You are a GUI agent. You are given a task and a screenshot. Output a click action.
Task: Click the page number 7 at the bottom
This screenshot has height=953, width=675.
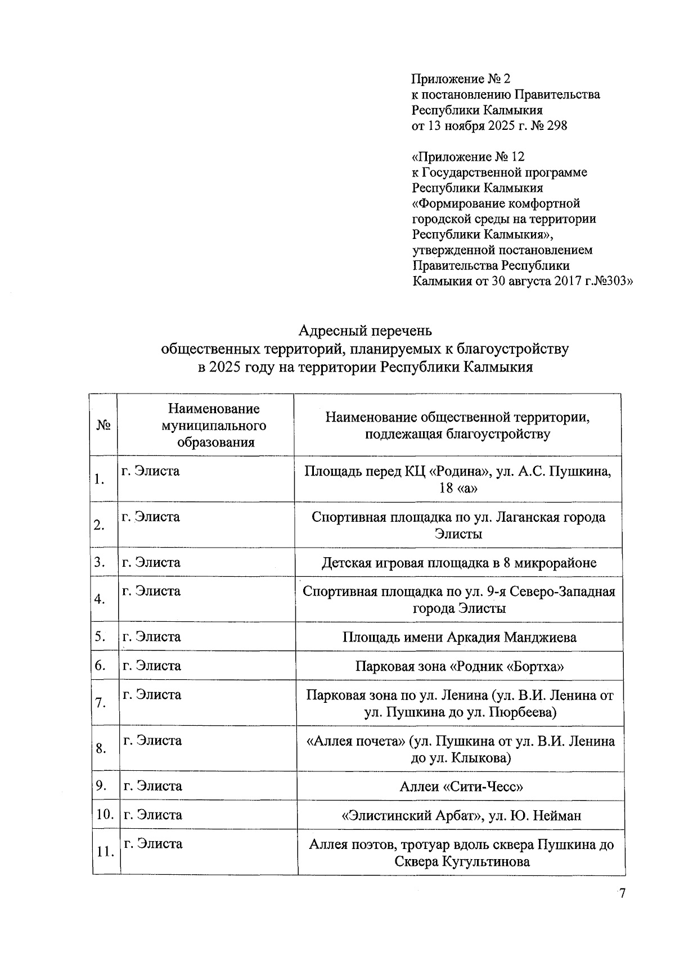click(622, 894)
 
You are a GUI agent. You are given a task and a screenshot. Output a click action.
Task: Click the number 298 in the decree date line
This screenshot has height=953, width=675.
click(556, 126)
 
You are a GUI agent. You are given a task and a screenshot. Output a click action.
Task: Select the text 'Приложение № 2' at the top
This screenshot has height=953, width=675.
click(461, 79)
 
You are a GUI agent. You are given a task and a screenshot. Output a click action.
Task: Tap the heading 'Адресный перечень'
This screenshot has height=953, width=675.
click(364, 329)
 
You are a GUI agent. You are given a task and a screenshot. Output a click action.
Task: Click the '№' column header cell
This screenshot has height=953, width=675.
click(103, 425)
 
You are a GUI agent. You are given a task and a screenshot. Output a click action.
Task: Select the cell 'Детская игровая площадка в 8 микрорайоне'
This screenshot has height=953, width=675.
click(458, 563)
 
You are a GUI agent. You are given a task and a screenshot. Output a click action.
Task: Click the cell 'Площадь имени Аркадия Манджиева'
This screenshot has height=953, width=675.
click(459, 637)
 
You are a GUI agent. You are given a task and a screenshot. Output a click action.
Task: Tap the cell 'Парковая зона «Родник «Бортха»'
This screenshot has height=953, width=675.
click(459, 666)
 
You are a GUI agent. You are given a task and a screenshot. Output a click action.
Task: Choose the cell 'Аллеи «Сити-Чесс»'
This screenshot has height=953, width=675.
click(461, 786)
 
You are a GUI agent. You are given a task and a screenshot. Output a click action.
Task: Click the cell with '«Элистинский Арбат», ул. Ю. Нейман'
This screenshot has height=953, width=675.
click(461, 815)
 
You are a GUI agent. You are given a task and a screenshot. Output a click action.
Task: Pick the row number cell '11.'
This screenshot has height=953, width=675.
click(105, 852)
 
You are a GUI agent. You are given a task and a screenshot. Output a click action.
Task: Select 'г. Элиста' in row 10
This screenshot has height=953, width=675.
click(152, 815)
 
